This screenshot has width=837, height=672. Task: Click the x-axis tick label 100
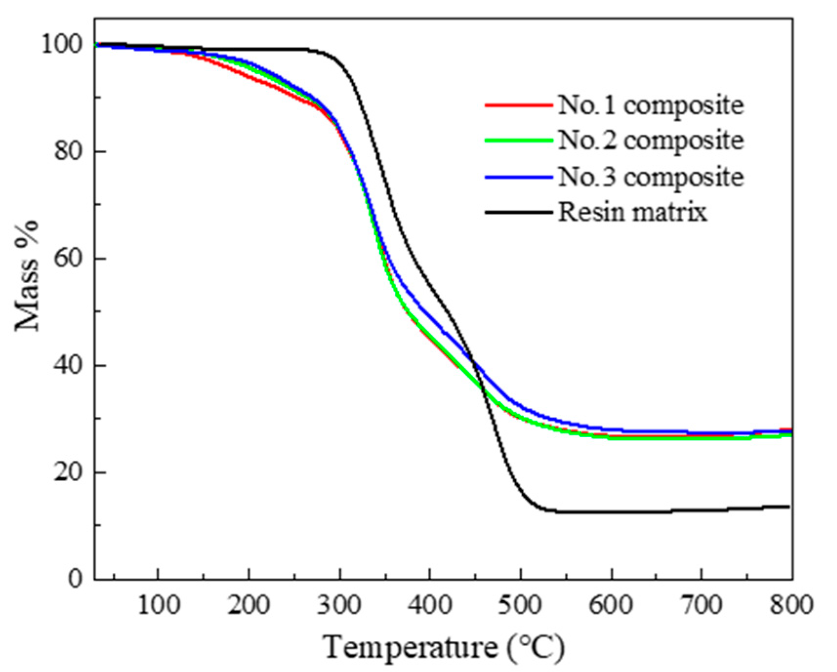(158, 606)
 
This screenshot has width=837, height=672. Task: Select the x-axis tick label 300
(340, 606)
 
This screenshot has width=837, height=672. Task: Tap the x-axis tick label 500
(521, 606)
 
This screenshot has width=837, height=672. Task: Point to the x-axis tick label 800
(792, 606)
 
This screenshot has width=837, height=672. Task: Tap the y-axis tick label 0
(76, 579)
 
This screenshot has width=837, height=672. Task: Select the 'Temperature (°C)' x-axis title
(444, 648)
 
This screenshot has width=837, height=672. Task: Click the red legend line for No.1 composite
(519, 105)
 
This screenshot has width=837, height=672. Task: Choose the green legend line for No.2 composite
(519, 141)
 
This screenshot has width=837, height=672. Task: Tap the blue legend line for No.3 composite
(519, 177)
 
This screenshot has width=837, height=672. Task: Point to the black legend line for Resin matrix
(519, 212)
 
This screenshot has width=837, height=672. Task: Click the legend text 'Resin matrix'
(633, 212)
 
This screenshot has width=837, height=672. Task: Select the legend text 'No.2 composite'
(651, 141)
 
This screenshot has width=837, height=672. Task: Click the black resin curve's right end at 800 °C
(788, 507)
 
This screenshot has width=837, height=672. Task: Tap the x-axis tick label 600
(611, 606)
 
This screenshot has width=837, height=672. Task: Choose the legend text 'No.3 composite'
(651, 177)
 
